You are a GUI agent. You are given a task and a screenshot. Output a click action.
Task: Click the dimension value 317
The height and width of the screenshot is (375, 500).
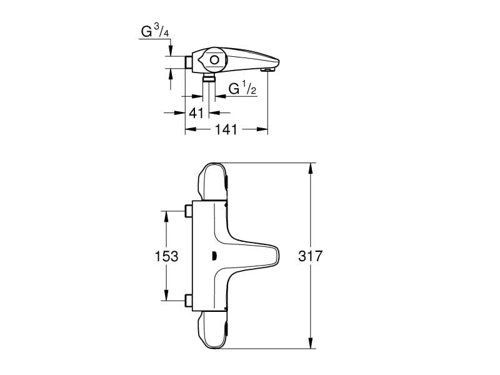(x=310, y=256)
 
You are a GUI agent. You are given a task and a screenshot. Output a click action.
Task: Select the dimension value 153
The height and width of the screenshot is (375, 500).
(x=166, y=256)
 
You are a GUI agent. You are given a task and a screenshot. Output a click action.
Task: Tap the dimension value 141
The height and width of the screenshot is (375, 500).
(x=226, y=130)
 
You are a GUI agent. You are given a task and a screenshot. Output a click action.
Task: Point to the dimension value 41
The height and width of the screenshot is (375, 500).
(x=197, y=112)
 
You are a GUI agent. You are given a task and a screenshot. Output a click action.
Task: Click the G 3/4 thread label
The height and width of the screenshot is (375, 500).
(x=155, y=31)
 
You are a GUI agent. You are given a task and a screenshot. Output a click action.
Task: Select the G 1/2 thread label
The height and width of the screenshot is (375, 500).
(x=243, y=89)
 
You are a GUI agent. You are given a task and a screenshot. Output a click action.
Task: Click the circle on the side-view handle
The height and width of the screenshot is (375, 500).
(x=214, y=61)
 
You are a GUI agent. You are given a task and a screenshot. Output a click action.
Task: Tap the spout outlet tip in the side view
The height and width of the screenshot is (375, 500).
(x=268, y=71)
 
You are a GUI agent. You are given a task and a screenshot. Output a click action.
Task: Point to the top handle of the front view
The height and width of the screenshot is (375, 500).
(x=212, y=180)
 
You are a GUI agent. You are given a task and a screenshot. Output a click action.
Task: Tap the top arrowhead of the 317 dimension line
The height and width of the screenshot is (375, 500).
(x=311, y=166)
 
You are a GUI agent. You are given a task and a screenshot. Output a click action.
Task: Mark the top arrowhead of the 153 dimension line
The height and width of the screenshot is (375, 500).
(x=166, y=214)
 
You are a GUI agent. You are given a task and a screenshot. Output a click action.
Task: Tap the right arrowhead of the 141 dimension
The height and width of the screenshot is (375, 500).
(x=265, y=130)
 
